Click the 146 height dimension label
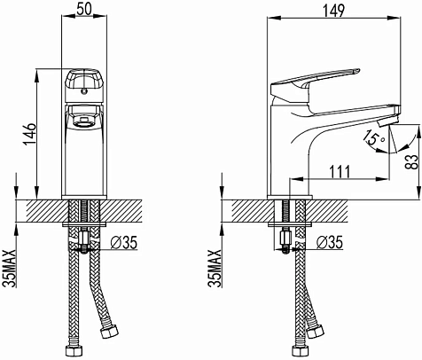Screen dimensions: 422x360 click(x=30, y=134)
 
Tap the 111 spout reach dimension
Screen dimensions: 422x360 click(x=340, y=172)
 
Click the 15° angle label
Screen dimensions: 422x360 click(x=373, y=138)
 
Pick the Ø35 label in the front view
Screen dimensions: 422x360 click(x=124, y=243)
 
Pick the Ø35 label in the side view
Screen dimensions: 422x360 click(x=330, y=243)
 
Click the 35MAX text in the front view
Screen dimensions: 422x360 click(x=9, y=269)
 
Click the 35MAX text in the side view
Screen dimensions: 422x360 click(x=215, y=269)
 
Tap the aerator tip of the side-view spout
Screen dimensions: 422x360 click(x=387, y=121)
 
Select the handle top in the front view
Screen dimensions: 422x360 click(x=84, y=80)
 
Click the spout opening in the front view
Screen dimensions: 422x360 click(x=83, y=121)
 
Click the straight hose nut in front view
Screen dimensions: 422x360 click(x=74, y=352)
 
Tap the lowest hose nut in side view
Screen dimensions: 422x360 click(x=301, y=350)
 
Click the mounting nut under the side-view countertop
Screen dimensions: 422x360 click(x=285, y=237)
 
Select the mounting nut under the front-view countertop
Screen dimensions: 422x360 click(x=84, y=237)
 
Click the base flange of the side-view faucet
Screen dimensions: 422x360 click(x=290, y=197)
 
